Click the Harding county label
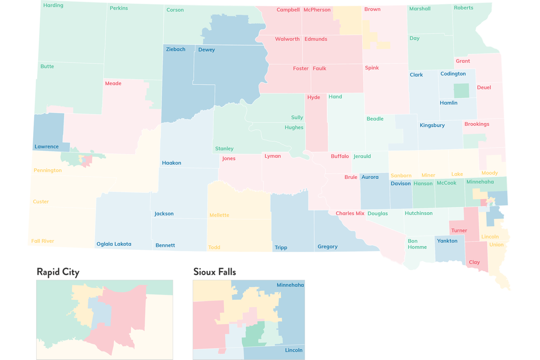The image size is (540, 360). [53, 5]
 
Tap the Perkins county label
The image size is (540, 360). [119, 8]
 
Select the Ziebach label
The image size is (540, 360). [176, 49]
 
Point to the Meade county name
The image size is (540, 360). [113, 84]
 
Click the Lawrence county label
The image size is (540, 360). [46, 147]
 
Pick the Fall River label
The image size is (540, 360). [42, 241]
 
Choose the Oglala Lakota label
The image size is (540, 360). [114, 244]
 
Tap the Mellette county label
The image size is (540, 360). [219, 215]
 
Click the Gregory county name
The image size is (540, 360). [328, 247]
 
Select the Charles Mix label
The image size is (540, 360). [350, 213]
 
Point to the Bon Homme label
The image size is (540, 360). [417, 244]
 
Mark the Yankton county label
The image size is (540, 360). [447, 241]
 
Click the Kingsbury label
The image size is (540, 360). [432, 125]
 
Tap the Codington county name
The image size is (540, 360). [453, 74]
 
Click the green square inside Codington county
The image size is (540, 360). [461, 91]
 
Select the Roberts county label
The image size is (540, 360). [463, 8]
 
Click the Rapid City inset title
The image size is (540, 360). [58, 272]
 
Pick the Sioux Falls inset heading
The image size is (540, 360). [215, 272]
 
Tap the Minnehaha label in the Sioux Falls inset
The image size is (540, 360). [290, 285]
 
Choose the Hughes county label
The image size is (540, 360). [294, 127]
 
